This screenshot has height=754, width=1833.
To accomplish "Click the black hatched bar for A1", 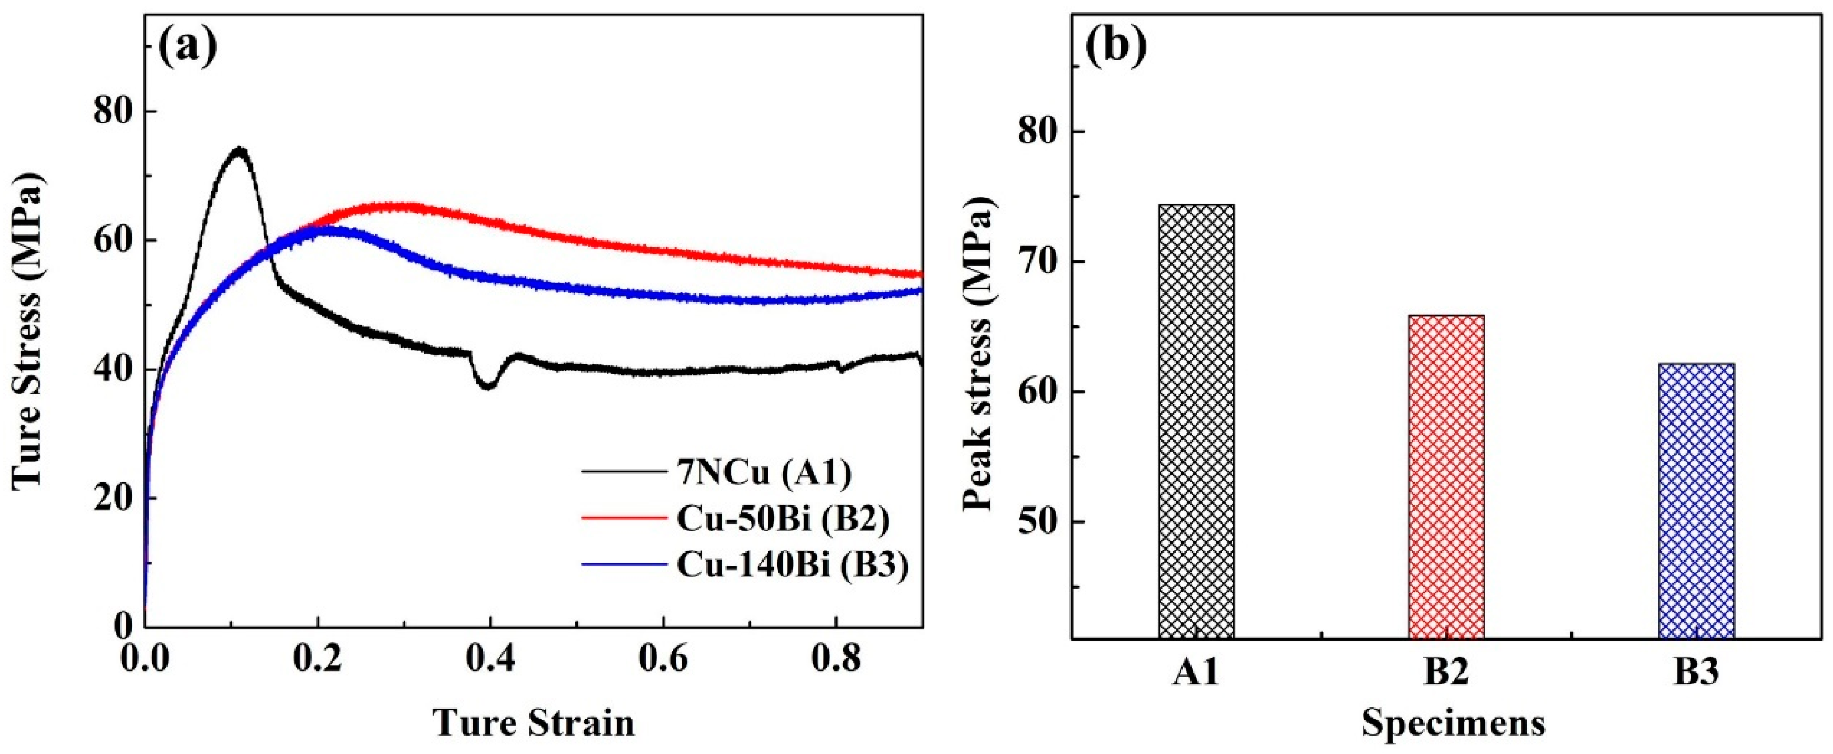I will click(x=1196, y=420).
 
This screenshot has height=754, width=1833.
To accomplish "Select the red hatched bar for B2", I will click(x=1446, y=475).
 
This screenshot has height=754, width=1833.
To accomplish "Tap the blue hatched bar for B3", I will click(x=1696, y=500).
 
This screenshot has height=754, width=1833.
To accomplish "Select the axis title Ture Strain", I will click(x=534, y=723).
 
